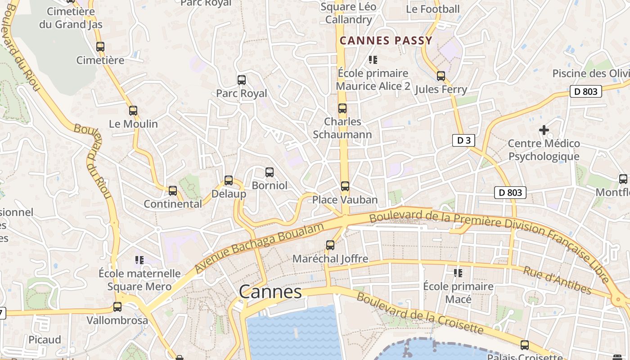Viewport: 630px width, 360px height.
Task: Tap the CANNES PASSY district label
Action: (x=386, y=40)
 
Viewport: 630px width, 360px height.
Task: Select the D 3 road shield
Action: (x=463, y=140)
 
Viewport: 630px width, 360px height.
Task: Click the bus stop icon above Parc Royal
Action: (x=242, y=80)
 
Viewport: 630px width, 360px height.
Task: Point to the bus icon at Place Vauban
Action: (x=345, y=186)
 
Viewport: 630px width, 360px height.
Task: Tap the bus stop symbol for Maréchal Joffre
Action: (x=330, y=245)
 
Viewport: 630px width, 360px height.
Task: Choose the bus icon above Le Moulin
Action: (x=133, y=110)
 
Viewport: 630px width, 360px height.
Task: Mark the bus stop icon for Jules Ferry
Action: (x=441, y=76)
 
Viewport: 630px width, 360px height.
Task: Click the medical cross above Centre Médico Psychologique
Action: (x=544, y=130)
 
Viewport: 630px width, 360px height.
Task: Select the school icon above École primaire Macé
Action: (x=458, y=273)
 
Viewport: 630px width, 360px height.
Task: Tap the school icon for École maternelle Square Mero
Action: (x=139, y=260)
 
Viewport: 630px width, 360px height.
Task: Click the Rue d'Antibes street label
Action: (x=557, y=279)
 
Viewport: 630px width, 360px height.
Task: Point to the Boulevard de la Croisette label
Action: (x=420, y=314)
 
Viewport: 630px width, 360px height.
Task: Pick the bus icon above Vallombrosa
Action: (x=117, y=307)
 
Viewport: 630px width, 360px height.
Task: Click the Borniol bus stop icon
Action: (x=270, y=172)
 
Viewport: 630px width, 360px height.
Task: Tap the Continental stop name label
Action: (x=173, y=204)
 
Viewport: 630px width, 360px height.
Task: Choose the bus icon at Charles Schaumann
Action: (x=342, y=108)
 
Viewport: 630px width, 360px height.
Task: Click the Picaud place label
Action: (x=45, y=340)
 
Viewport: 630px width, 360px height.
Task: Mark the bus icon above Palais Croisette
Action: (x=525, y=345)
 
